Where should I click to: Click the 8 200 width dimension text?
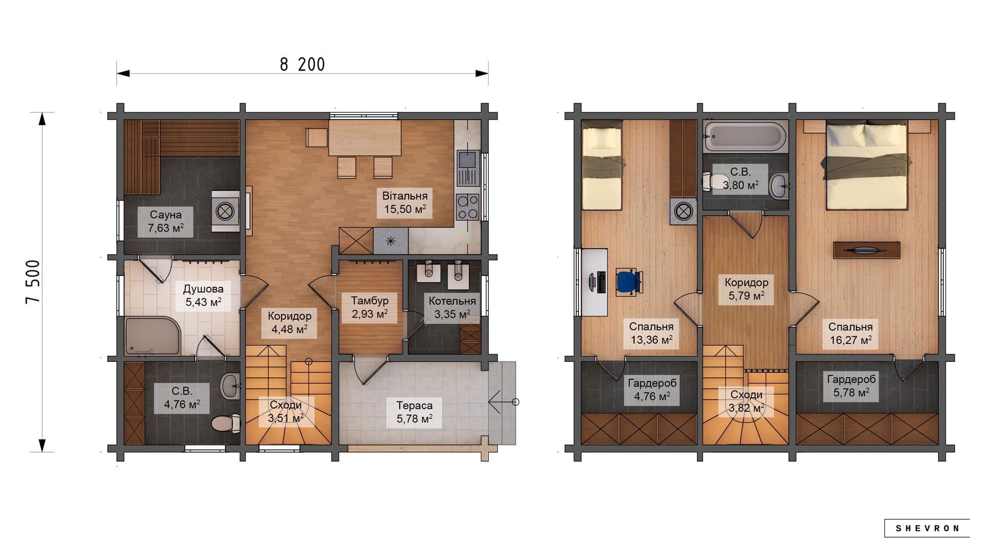(x=302, y=64)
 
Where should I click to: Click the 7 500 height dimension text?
(x=33, y=282)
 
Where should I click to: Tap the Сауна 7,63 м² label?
(x=165, y=221)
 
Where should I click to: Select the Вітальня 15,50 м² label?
(x=405, y=202)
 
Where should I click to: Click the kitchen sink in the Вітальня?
(x=468, y=168)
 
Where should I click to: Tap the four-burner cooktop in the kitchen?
(x=468, y=207)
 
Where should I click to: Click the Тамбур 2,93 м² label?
(x=369, y=307)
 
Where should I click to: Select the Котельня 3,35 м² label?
(x=452, y=307)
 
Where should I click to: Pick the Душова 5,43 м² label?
(x=203, y=296)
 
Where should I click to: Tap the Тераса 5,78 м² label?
(x=414, y=412)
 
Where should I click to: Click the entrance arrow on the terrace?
(x=503, y=402)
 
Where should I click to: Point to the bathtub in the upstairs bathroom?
(x=745, y=136)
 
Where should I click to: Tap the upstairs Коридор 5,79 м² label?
(x=746, y=289)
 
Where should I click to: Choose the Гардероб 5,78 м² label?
(x=851, y=386)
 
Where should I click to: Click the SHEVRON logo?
(x=927, y=528)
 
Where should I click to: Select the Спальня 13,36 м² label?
(x=651, y=334)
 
